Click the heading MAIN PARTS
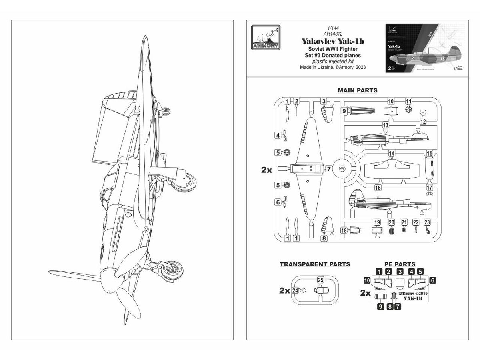click(357, 90)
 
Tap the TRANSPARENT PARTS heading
click(315, 264)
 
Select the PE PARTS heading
click(399, 264)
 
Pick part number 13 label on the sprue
click(386, 125)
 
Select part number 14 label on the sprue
click(392, 153)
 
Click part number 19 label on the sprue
click(377, 222)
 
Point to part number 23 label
click(427, 222)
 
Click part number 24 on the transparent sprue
click(295, 291)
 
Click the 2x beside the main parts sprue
click(266, 170)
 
